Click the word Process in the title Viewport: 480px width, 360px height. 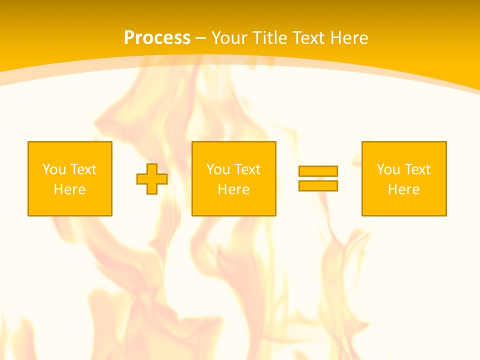(157, 38)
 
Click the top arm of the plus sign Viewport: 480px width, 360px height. (152, 168)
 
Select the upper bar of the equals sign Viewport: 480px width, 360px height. (318, 171)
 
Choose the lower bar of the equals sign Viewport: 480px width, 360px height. (318, 185)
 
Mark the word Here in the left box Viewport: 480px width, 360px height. (69, 189)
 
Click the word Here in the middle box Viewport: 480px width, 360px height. (233, 189)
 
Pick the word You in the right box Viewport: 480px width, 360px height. (388, 169)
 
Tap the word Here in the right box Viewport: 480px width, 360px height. (403, 189)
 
